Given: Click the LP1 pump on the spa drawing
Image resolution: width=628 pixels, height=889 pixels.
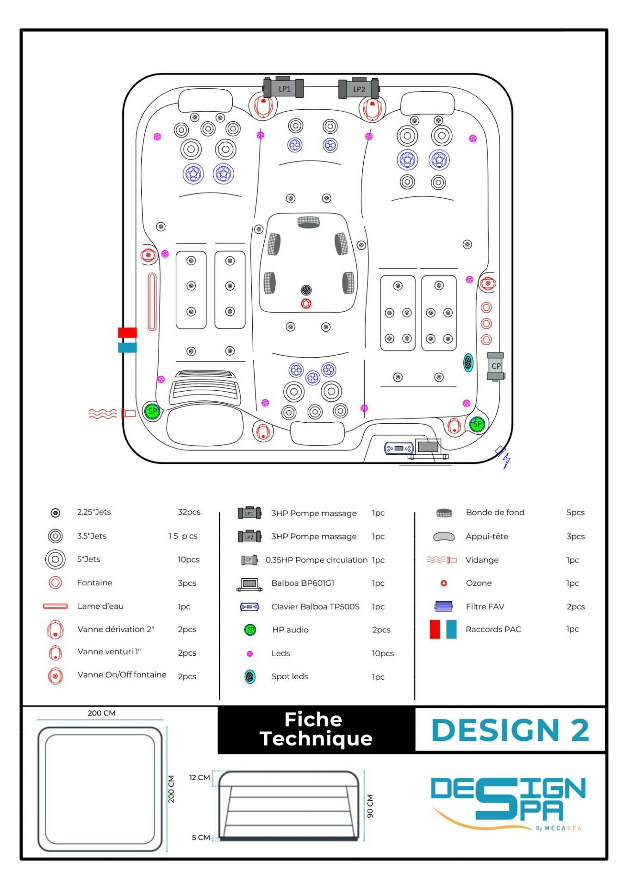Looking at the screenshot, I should [283, 88].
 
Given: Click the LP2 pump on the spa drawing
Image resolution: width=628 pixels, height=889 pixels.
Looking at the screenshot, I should [359, 89].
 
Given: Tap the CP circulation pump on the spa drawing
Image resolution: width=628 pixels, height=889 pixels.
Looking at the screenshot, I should [496, 366].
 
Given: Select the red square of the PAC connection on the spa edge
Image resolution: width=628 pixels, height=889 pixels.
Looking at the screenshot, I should [127, 332].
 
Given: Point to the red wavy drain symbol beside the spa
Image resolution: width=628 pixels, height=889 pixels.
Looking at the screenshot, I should [103, 413].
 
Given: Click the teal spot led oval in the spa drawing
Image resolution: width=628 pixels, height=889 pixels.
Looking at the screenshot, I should [468, 363].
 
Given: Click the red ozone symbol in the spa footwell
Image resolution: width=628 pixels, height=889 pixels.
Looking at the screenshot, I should [306, 304].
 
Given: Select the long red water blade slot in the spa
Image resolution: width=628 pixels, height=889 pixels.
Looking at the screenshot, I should [152, 301].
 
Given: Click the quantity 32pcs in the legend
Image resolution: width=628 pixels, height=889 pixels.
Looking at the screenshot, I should [189, 512].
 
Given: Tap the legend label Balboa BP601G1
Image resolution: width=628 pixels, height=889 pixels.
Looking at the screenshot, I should [303, 583].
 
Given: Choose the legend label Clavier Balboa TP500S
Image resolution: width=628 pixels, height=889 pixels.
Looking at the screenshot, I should [315, 607].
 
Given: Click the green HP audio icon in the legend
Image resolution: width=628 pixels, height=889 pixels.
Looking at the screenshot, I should [250, 630].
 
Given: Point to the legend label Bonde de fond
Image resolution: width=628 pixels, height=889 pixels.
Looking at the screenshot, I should [495, 513].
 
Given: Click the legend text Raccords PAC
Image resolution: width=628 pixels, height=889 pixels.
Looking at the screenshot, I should [493, 629].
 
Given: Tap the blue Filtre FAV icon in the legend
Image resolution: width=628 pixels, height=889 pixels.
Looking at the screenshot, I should [443, 606].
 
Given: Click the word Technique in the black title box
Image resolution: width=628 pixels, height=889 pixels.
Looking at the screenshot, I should [316, 739].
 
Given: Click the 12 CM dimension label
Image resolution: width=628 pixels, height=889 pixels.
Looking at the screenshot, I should [199, 777].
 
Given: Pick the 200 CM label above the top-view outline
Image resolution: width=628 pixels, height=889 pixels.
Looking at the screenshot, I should [101, 713].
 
